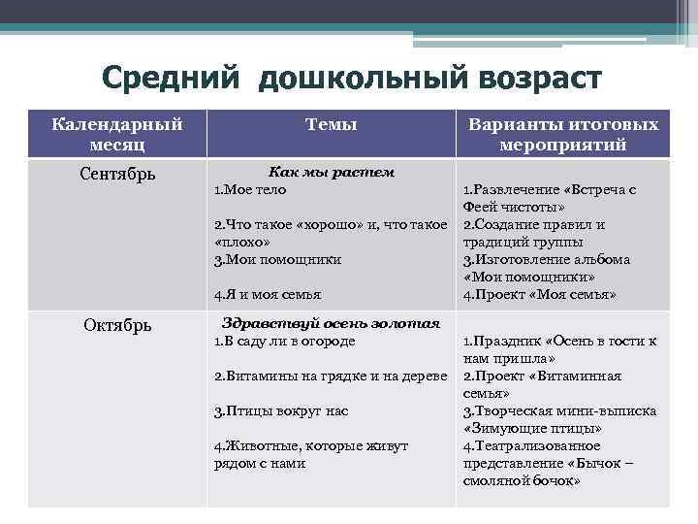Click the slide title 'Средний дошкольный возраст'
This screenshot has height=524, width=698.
pyautogui.click(x=351, y=77)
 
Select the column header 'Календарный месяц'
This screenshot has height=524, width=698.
pyautogui.click(x=117, y=134)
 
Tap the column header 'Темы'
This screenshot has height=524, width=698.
pyautogui.click(x=331, y=124)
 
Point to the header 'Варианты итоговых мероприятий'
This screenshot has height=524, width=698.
pyautogui.click(x=562, y=134)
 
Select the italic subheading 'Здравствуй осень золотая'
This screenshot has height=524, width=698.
pyautogui.click(x=331, y=323)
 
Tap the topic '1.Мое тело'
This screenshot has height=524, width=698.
pyautogui.click(x=250, y=189)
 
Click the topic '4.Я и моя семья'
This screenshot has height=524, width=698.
pyautogui.click(x=268, y=294)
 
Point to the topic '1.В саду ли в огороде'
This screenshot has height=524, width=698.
pyautogui.click(x=284, y=341)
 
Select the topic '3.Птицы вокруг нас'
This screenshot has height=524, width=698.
pyautogui.click(x=280, y=410)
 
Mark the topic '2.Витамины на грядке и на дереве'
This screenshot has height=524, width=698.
pyautogui.click(x=329, y=376)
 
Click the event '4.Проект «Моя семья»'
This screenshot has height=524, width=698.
pyautogui.click(x=540, y=294)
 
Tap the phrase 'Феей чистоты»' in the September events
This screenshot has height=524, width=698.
pyautogui.click(x=514, y=207)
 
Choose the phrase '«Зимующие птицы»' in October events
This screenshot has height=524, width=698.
pyautogui.click(x=533, y=428)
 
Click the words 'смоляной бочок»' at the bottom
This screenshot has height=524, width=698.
pyautogui.click(x=522, y=480)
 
